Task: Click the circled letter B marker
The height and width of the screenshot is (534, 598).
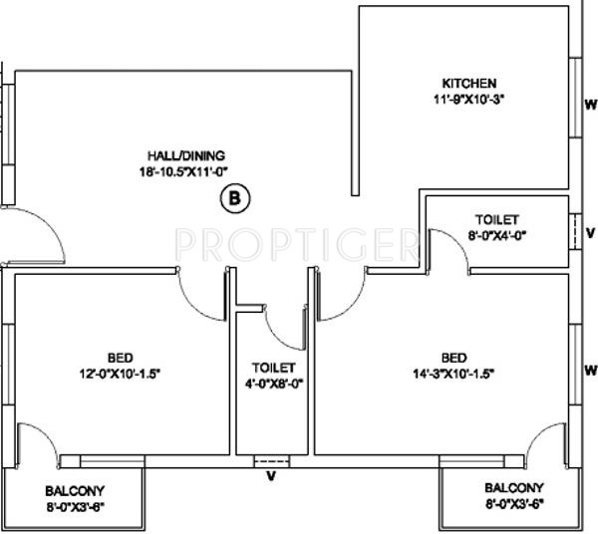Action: click(x=235, y=197)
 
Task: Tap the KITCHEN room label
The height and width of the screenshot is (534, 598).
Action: click(x=469, y=83)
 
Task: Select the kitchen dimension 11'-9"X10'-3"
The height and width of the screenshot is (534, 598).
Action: click(x=469, y=99)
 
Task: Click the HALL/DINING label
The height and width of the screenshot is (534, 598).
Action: click(x=187, y=155)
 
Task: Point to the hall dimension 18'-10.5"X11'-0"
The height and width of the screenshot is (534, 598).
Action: click(x=187, y=171)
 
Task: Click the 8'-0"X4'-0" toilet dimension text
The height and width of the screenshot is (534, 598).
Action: click(x=497, y=235)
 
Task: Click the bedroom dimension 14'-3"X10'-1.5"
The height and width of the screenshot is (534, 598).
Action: click(x=453, y=374)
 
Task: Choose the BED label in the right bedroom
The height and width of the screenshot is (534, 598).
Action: click(x=453, y=358)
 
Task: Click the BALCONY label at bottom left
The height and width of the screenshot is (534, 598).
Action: click(x=76, y=491)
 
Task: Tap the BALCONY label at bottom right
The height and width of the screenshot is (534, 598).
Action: click(x=514, y=488)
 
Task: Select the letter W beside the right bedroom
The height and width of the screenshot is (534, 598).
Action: click(x=590, y=368)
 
